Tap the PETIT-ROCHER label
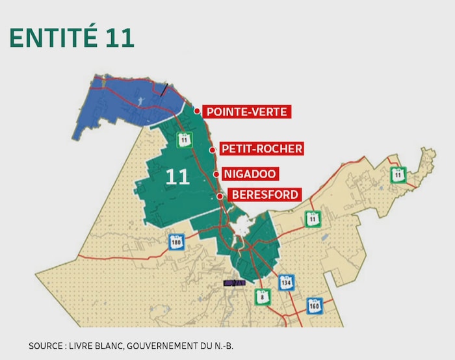coord(261,149)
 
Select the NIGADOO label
coord(250,174)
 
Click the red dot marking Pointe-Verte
coord(197,111)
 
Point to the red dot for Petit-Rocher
coord(212,149)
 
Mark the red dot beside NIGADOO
coord(216,174)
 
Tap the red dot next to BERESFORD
coord(220,196)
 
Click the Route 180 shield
coord(176,242)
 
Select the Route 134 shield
coord(286,283)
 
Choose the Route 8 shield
coord(262,296)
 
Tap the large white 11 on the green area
coord(177,177)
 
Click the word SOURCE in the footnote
coord(46,346)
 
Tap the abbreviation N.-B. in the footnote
coord(220,346)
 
